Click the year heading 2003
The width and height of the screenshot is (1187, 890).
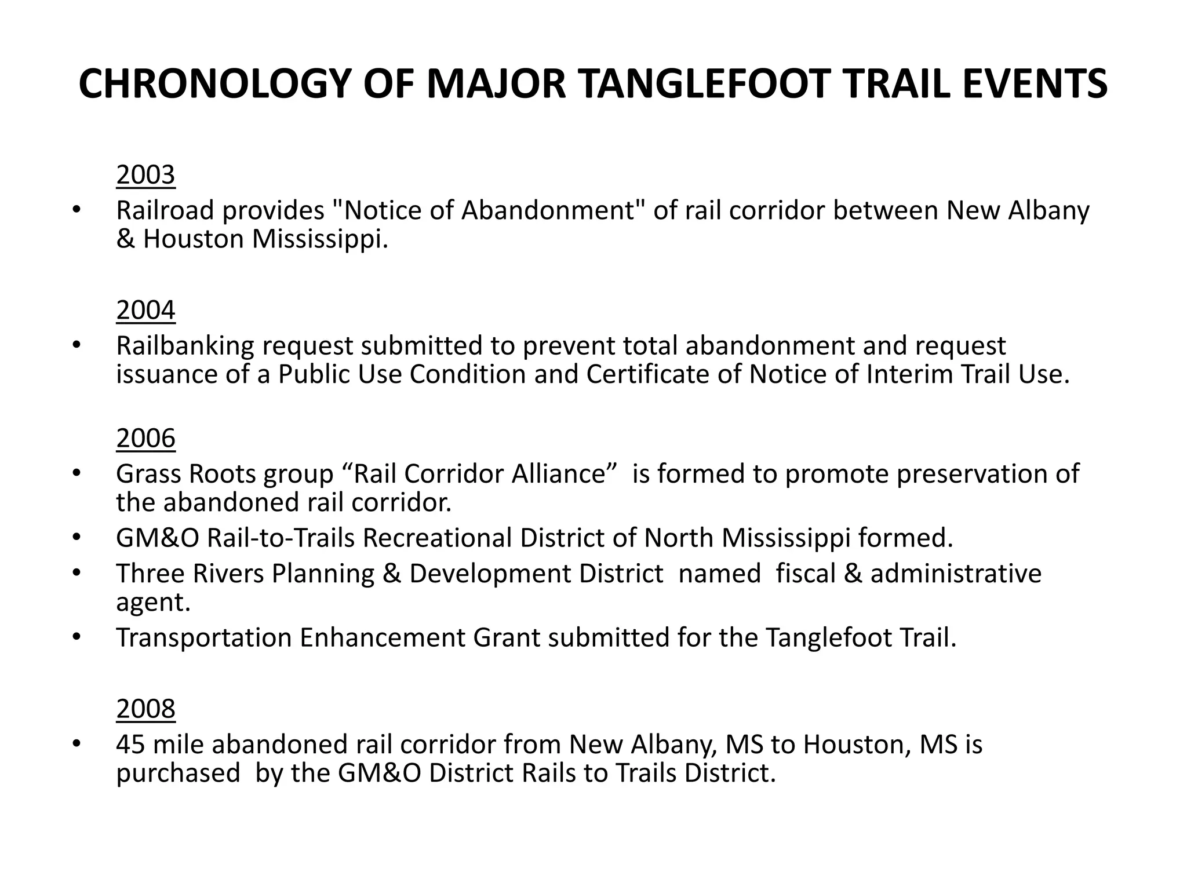pyautogui.click(x=145, y=175)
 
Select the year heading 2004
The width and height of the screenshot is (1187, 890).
pyautogui.click(x=145, y=310)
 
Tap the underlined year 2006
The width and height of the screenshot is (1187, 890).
pyautogui.click(x=145, y=438)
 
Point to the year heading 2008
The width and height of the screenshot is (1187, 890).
pyautogui.click(x=145, y=709)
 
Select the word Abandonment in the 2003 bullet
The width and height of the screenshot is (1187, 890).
pyautogui.click(x=548, y=210)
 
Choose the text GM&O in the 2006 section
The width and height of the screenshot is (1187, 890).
pyautogui.click(x=157, y=538)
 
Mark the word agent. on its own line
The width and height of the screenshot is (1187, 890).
pyautogui.click(x=153, y=603)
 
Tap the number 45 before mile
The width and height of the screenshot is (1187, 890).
pyautogui.click(x=131, y=745)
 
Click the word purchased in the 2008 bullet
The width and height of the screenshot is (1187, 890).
pyautogui.click(x=178, y=774)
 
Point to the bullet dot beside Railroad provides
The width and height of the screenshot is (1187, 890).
pyautogui.click(x=76, y=210)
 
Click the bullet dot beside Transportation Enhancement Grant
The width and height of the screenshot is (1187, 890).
pyautogui.click(x=76, y=638)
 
